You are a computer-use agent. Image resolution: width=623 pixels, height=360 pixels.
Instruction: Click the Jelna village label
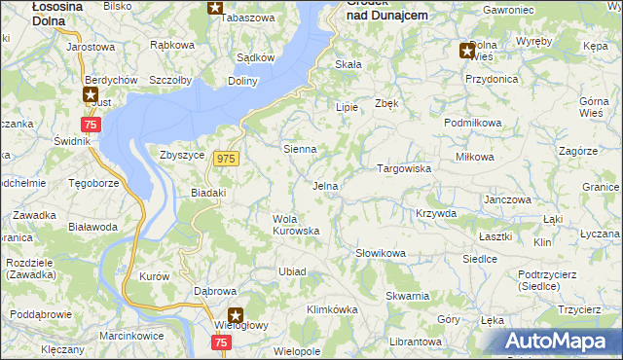[325, 186]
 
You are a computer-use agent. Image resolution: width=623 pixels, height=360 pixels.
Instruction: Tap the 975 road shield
[227, 159]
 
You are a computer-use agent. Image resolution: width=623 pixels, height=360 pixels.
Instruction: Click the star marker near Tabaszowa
[215, 9]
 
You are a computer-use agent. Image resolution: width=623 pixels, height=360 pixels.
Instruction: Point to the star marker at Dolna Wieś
[467, 52]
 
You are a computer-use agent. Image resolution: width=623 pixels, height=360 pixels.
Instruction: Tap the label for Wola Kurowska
[295, 224]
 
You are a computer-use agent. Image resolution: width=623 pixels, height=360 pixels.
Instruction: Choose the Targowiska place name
[404, 168]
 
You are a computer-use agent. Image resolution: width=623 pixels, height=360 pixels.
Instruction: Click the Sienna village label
[299, 150]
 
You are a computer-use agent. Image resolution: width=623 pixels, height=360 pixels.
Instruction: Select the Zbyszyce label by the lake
[182, 154]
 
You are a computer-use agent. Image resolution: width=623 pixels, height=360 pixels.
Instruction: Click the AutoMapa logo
[560, 341]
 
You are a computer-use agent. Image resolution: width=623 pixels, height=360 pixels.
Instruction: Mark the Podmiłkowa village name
[472, 123]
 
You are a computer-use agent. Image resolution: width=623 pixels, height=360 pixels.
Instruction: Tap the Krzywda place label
[435, 212]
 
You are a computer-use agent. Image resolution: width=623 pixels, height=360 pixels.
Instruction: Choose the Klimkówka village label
[332, 309]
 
